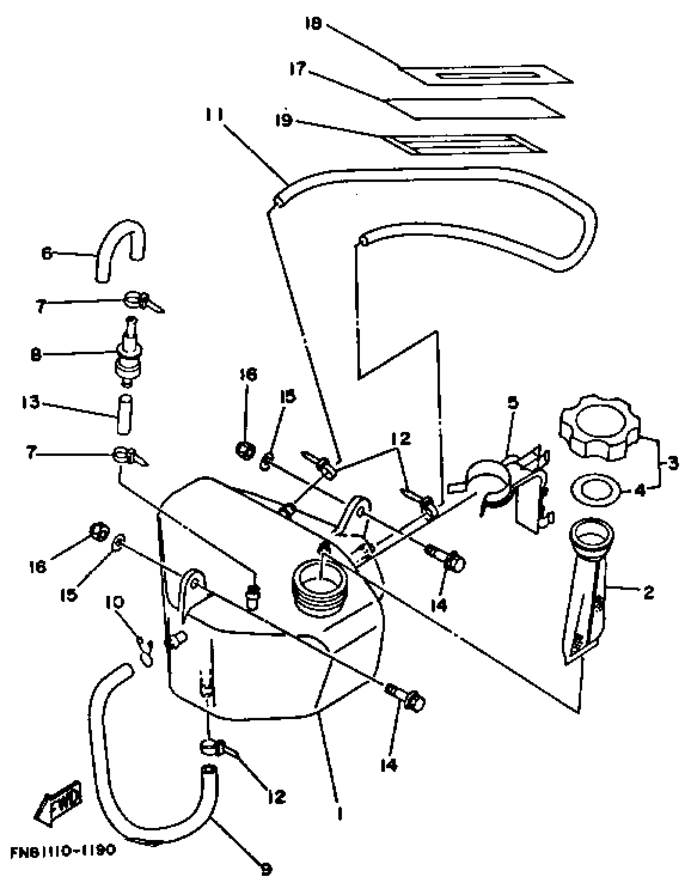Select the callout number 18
click(314, 24)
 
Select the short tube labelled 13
click(124, 414)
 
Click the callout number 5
click(512, 403)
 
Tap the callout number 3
click(672, 464)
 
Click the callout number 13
click(31, 402)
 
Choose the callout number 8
click(36, 354)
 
